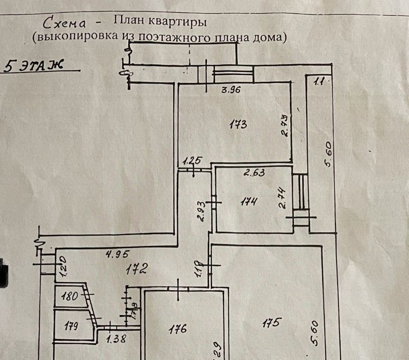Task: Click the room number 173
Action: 238,123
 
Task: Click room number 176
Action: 177,329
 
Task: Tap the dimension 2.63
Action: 254,172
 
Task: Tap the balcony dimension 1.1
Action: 319,81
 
